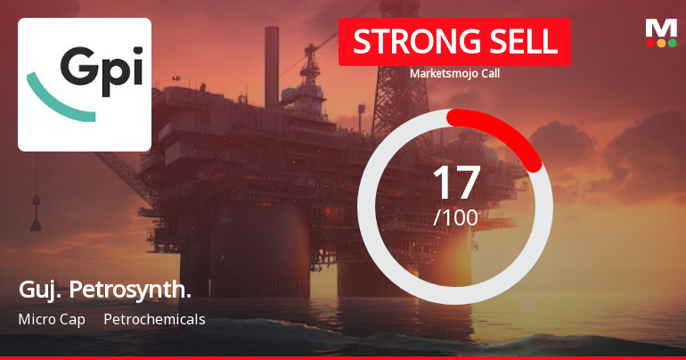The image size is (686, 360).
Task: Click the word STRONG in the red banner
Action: coord(409,42)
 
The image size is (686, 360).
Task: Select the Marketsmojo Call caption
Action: coord(454,74)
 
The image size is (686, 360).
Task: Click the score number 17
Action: coord(455,182)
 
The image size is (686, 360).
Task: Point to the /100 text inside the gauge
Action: coord(455,217)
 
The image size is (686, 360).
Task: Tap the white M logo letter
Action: coord(661,27)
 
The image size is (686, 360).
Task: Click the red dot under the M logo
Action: coord(650,43)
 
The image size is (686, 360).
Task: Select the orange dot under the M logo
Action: coord(661,43)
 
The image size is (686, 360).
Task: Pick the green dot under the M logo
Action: coord(672,43)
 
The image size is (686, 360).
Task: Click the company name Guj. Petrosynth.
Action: coord(104,290)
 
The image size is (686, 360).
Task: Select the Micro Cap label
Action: coord(52,319)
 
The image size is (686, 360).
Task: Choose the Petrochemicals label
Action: coord(154,319)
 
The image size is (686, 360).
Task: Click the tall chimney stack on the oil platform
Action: coord(271,53)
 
